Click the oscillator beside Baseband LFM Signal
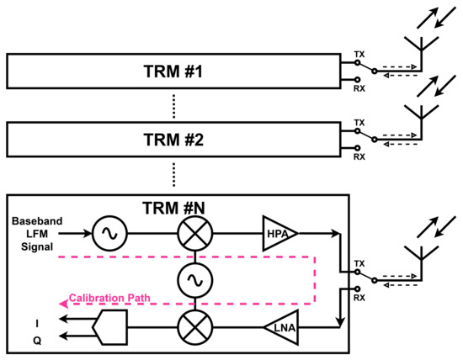pyautogui.click(x=109, y=231)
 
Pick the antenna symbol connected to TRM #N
pyautogui.click(x=418, y=260)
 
